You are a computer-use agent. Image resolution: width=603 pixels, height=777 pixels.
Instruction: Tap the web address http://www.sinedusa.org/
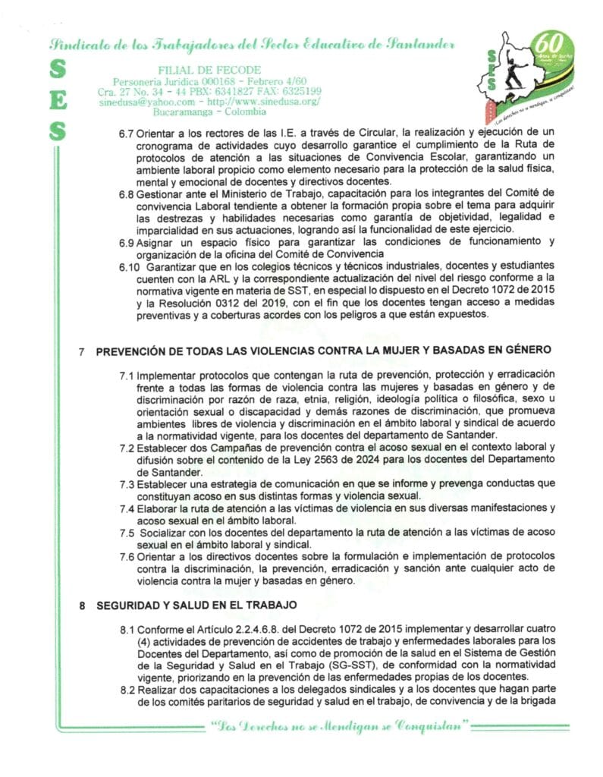pos(263,102)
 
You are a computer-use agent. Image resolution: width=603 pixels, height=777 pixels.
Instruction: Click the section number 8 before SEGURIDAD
pos(83,606)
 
